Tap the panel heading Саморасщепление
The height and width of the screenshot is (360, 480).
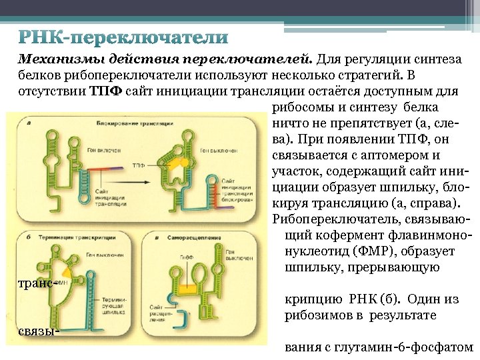[x=191, y=237]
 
